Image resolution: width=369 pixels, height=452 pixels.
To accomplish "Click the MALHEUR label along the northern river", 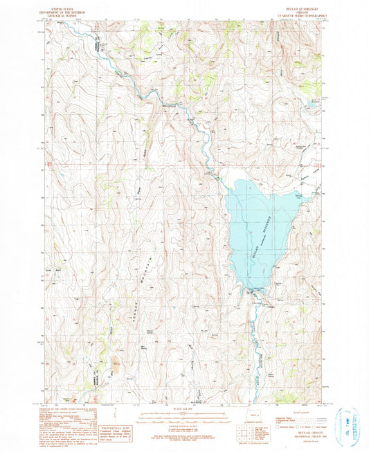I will (x=170, y=105).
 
